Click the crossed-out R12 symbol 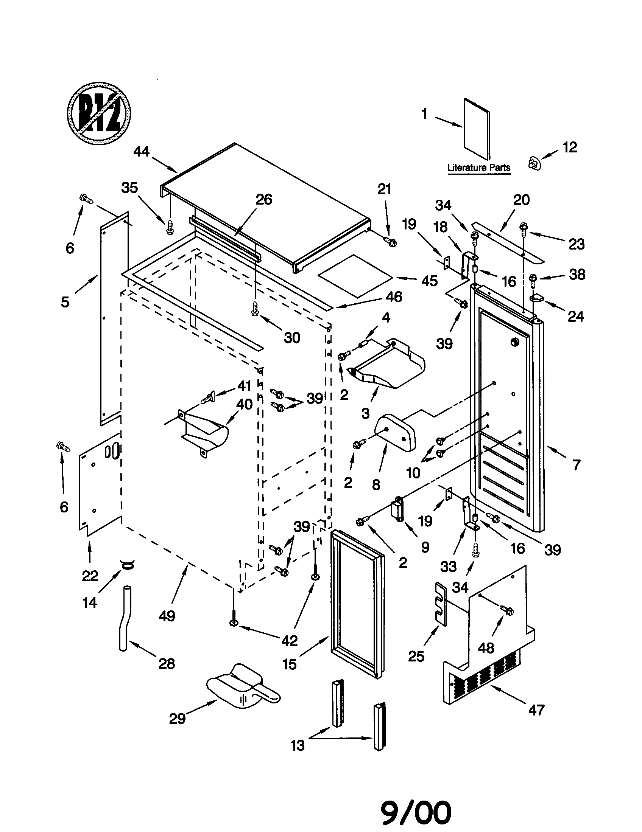click(99, 113)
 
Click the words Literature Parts click(478, 167)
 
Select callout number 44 click(142, 152)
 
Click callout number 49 click(167, 616)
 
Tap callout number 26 click(264, 200)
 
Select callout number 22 click(90, 576)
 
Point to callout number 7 click(577, 465)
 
